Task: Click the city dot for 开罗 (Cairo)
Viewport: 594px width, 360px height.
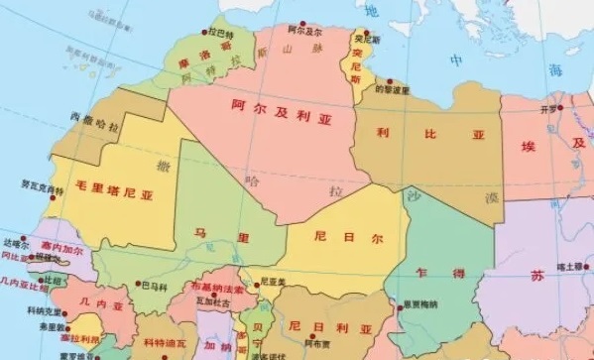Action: [x=560, y=107]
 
